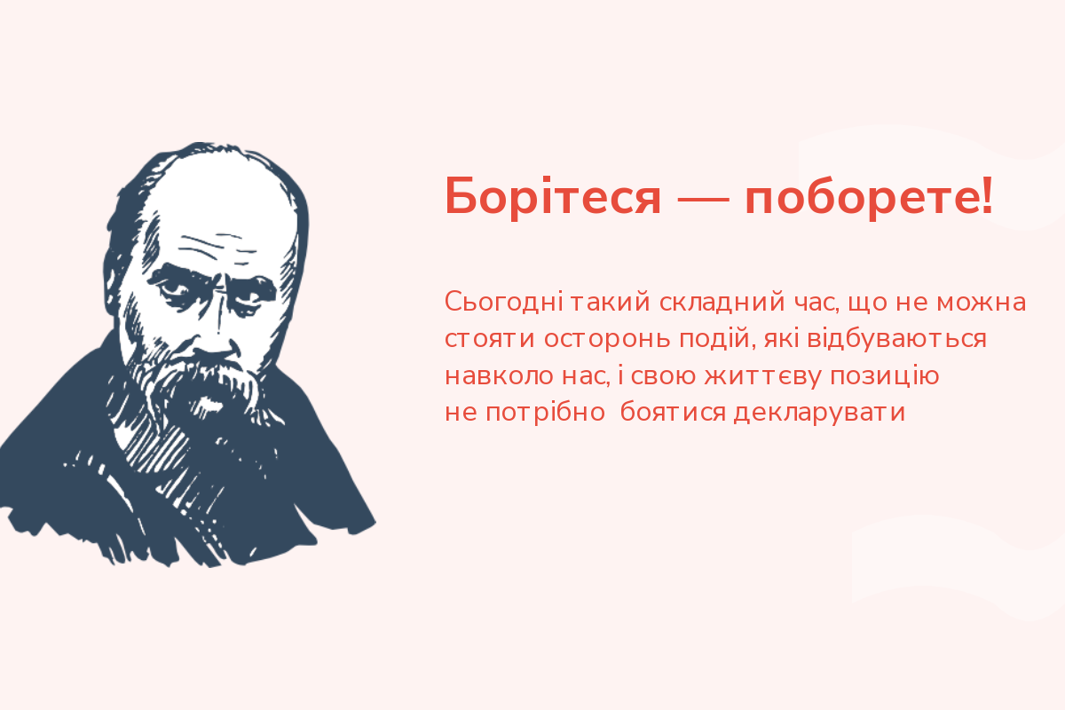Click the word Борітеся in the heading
click(552, 197)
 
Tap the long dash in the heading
click(703, 200)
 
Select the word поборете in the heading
click(860, 199)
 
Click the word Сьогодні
click(503, 302)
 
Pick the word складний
click(722, 303)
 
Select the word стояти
click(490, 339)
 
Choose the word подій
click(715, 338)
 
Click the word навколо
click(499, 376)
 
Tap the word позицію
click(885, 375)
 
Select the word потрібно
click(544, 413)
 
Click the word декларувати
click(819, 414)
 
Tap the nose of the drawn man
click(215, 328)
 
